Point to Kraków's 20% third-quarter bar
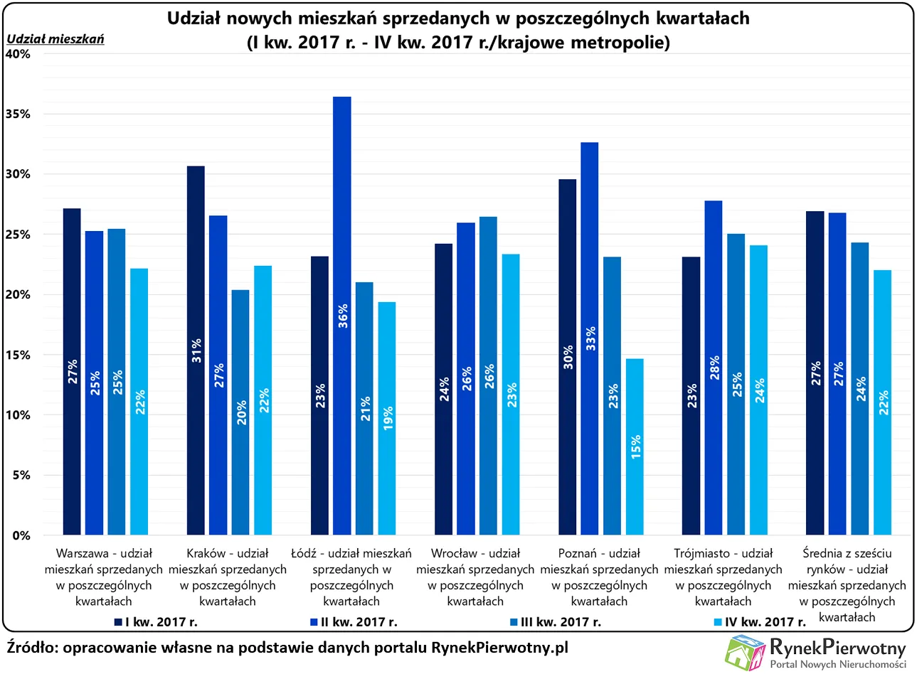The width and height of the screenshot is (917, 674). pyautogui.click(x=240, y=412)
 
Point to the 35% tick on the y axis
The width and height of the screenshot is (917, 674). pyautogui.click(x=19, y=114)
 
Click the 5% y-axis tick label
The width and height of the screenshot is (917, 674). pyautogui.click(x=22, y=475)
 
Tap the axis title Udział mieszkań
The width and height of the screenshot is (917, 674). pyautogui.click(x=55, y=39)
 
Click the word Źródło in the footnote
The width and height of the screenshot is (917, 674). pyautogui.click(x=32, y=648)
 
